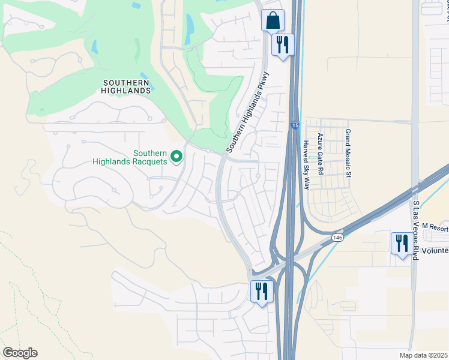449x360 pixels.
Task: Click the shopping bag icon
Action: click(x=273, y=20)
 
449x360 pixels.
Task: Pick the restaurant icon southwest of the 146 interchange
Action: click(x=262, y=292)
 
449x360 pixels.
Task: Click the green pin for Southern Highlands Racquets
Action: click(x=176, y=157)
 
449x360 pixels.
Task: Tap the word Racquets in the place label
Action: click(x=149, y=161)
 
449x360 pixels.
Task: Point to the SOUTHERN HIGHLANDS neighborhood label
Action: click(x=126, y=86)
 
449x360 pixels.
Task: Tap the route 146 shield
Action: click(x=338, y=238)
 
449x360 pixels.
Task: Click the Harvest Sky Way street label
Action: click(x=306, y=166)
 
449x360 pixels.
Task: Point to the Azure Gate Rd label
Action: click(x=321, y=154)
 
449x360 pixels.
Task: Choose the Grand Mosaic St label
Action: click(x=347, y=154)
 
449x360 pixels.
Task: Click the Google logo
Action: click(x=20, y=353)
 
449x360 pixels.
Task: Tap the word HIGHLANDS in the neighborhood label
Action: click(x=126, y=91)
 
